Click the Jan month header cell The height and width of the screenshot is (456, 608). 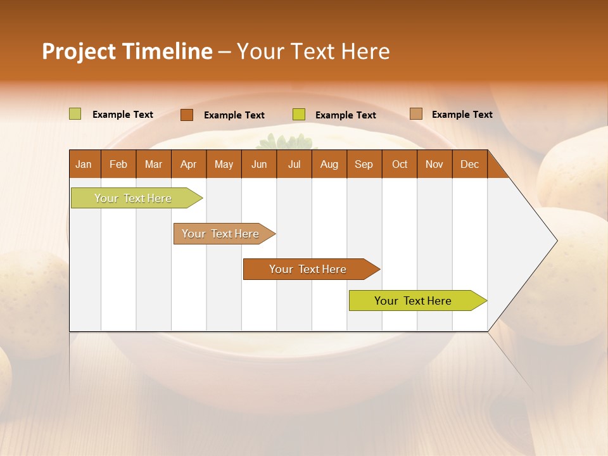[84, 164]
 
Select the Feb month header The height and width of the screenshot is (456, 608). [118, 164]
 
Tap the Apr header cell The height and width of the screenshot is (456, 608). [188, 164]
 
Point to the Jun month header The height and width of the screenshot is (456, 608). [259, 164]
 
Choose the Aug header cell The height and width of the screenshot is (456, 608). [329, 164]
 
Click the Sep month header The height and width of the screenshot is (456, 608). [364, 164]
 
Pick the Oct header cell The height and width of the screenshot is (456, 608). [400, 164]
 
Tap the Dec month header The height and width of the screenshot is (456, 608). [469, 164]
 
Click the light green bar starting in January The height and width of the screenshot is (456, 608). [133, 198]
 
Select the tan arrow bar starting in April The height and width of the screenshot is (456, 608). [220, 234]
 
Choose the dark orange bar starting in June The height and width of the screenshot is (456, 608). [308, 269]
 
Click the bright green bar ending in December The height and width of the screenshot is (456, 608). [413, 301]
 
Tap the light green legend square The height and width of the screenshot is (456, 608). [75, 114]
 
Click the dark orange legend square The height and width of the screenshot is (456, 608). [187, 115]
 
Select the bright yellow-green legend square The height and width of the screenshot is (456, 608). [299, 115]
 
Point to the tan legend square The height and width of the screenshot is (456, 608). [415, 114]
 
